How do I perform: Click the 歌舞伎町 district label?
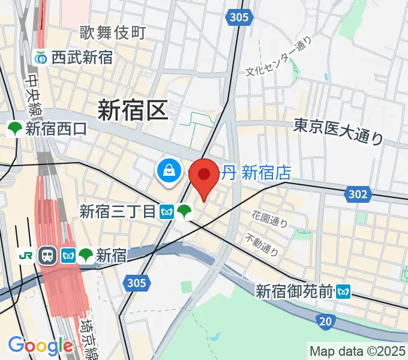pyautogui.click(x=112, y=32)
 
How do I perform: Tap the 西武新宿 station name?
pyautogui.click(x=82, y=58)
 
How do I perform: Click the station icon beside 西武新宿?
pyautogui.click(x=41, y=58)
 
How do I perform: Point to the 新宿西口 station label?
pyautogui.click(x=56, y=128)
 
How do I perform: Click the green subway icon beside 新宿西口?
pyautogui.click(x=14, y=128)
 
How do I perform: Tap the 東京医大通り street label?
pyautogui.click(x=338, y=131)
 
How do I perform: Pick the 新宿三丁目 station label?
pyautogui.click(x=118, y=211)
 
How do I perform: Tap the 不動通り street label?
pyautogui.click(x=262, y=244)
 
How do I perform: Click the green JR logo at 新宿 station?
pyautogui.click(x=26, y=256)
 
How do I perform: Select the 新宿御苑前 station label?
pyautogui.click(x=295, y=292)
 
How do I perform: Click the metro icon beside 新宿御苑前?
pyautogui.click(x=343, y=292)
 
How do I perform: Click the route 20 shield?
pyautogui.click(x=324, y=322)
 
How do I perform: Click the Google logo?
pyautogui.click(x=40, y=346)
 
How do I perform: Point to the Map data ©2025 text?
pyautogui.click(x=357, y=351)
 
